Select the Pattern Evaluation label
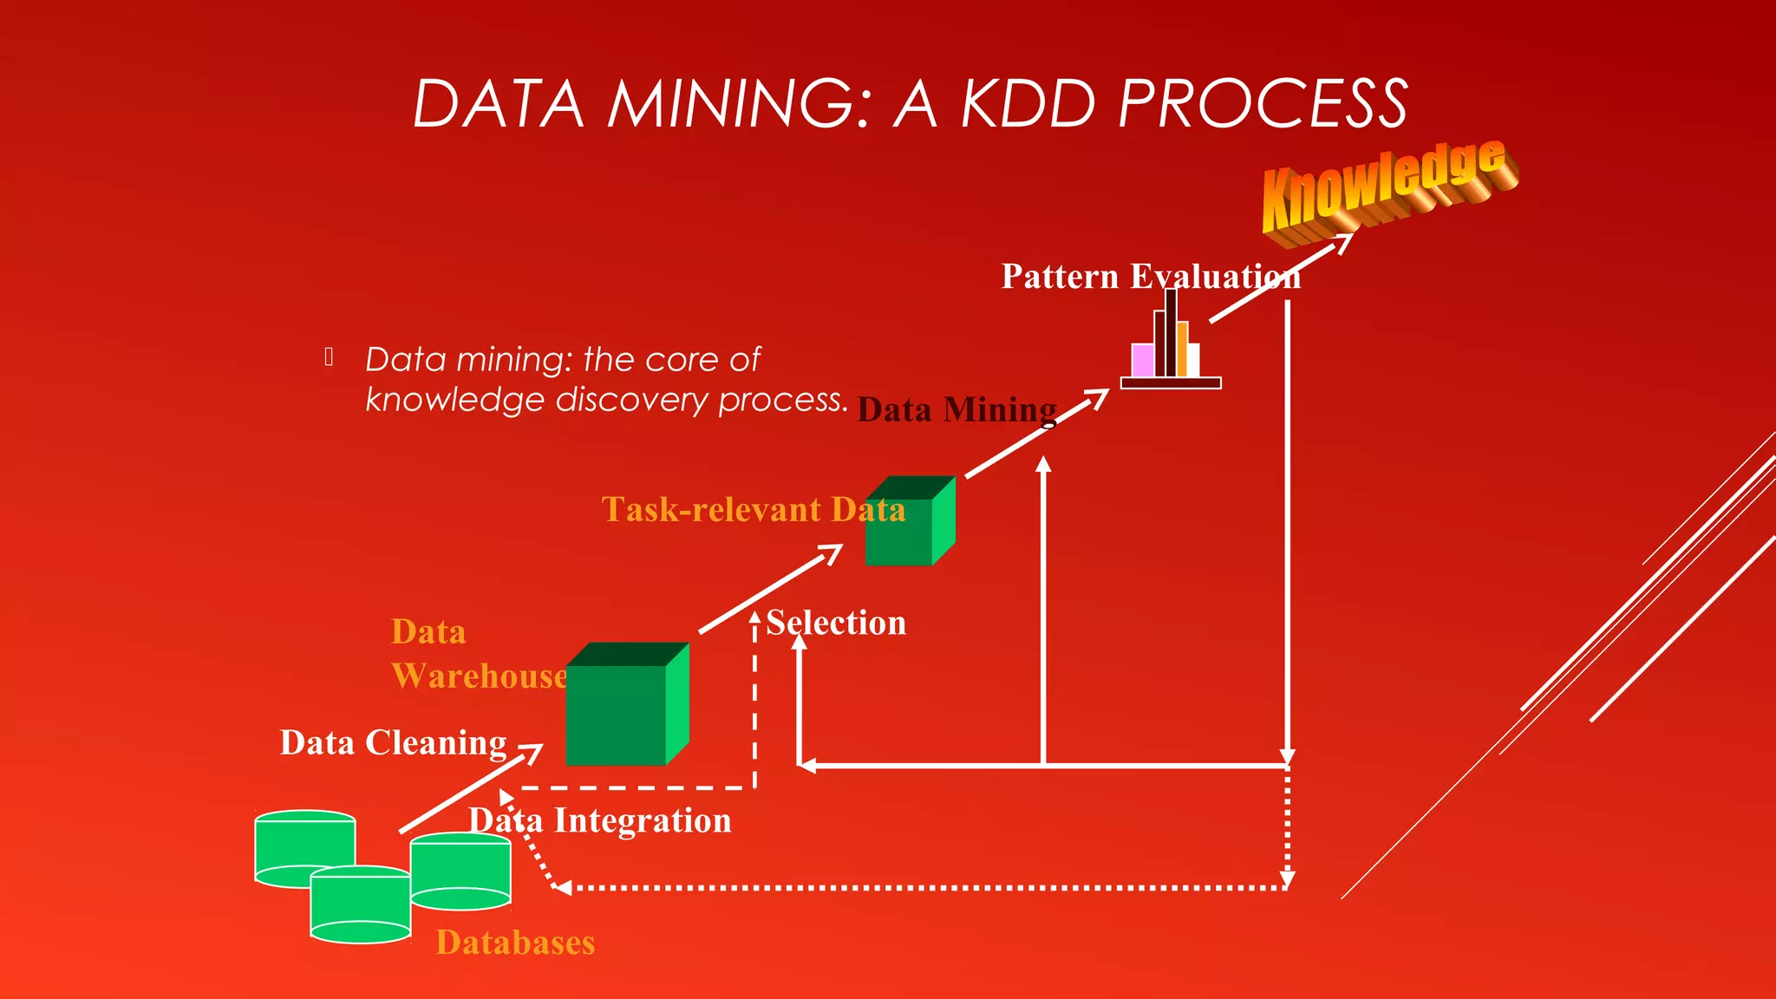(x=1151, y=277)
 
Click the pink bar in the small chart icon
(x=1142, y=360)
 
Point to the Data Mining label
(x=957, y=409)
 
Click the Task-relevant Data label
(x=753, y=510)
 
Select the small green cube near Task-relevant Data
(x=908, y=522)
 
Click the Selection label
(x=836, y=623)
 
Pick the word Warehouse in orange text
(x=480, y=676)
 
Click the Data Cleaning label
(x=393, y=743)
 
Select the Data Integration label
(x=600, y=820)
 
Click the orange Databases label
(x=515, y=943)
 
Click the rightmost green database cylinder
(x=461, y=870)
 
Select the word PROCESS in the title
(x=1263, y=104)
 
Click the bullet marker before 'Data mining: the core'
(x=330, y=356)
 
